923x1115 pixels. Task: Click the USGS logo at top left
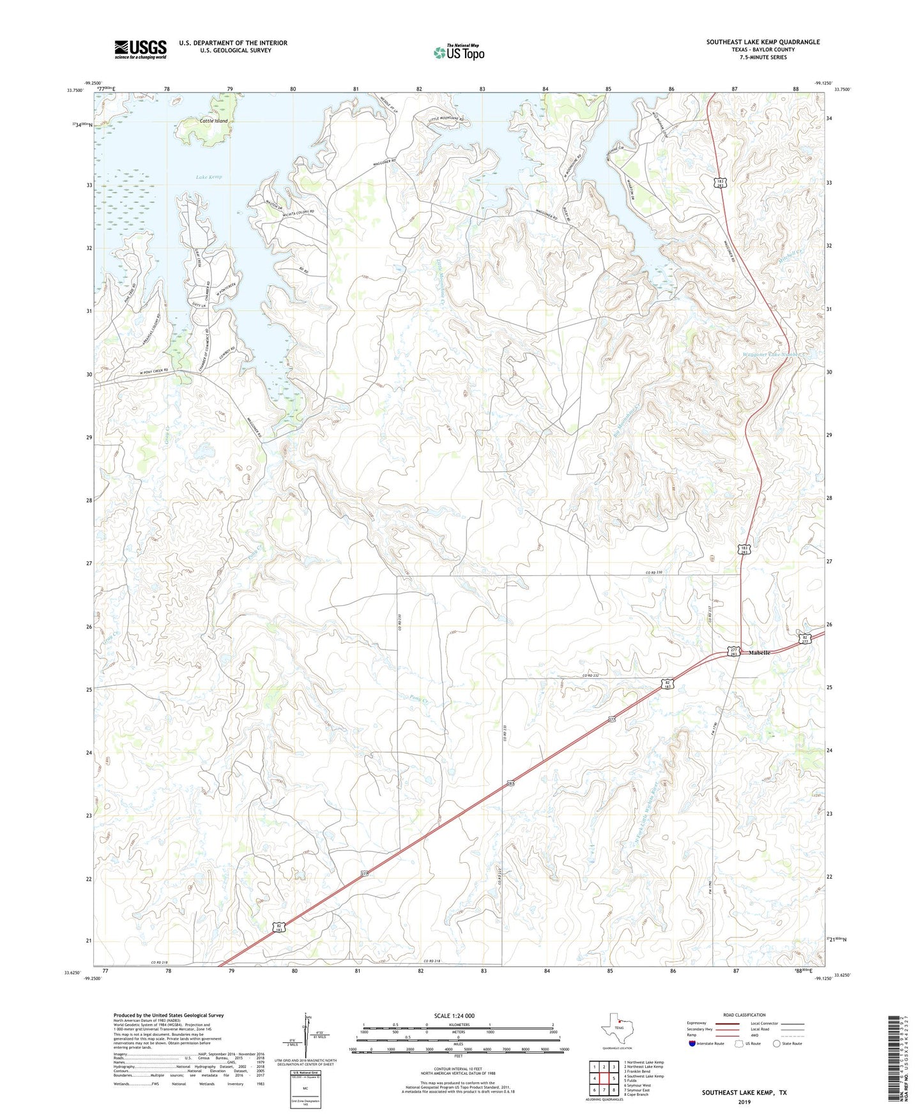(x=141, y=49)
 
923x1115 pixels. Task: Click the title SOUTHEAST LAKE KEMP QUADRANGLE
(x=763, y=42)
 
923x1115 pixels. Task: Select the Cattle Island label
(x=213, y=121)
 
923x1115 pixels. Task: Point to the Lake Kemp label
(x=209, y=177)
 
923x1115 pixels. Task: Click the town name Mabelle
(x=759, y=653)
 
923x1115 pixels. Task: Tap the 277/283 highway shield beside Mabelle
(x=734, y=651)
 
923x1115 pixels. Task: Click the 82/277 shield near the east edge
(x=806, y=639)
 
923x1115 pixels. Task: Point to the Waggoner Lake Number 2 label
(x=774, y=355)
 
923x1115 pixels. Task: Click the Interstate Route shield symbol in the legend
(x=692, y=1043)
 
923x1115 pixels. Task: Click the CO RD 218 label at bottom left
(x=162, y=962)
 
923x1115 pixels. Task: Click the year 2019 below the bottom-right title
(x=744, y=1102)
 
